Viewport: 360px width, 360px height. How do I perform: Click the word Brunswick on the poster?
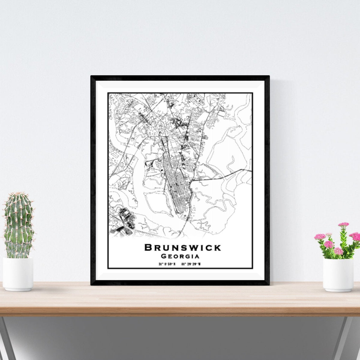coord(183,247)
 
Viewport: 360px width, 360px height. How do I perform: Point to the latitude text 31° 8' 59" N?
coord(167,264)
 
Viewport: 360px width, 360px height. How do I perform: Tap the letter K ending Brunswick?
coord(217,247)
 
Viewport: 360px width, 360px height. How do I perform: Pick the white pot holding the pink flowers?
coord(338,274)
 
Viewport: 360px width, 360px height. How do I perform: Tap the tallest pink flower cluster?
coord(343,224)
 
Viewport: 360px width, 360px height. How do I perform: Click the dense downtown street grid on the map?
coord(177,186)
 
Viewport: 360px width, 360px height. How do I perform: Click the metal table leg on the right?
coord(346,339)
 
